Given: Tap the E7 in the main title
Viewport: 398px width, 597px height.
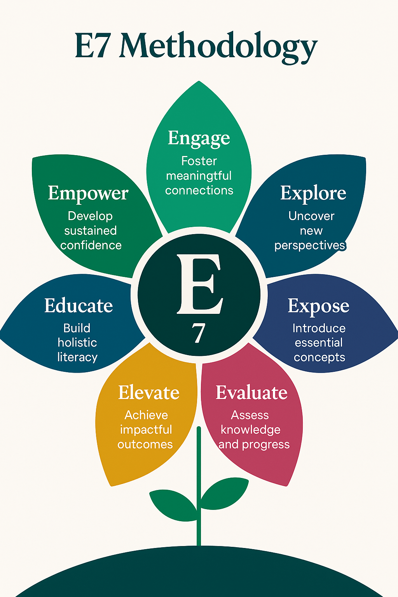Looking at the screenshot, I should pyautogui.click(x=92, y=46).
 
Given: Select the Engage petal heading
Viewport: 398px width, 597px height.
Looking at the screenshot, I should pyautogui.click(x=199, y=138).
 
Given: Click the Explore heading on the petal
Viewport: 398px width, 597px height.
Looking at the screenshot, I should pyautogui.click(x=313, y=193).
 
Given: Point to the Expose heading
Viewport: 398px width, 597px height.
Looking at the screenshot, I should pyautogui.click(x=318, y=306).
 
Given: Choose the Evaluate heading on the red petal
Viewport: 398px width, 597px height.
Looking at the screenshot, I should pyautogui.click(x=251, y=393).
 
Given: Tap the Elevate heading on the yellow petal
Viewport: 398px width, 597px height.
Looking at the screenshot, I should pyautogui.click(x=148, y=393).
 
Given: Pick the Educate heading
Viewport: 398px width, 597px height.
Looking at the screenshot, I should pyautogui.click(x=79, y=306).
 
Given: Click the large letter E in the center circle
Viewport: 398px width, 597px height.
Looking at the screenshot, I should pyautogui.click(x=199, y=284).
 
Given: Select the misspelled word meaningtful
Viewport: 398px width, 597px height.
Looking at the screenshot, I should pyautogui.click(x=199, y=176).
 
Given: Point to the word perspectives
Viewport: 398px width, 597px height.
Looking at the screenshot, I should pyautogui.click(x=310, y=246).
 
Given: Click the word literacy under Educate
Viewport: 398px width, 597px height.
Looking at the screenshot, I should pyautogui.click(x=77, y=357).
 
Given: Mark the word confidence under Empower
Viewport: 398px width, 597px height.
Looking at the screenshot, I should pyautogui.click(x=91, y=245).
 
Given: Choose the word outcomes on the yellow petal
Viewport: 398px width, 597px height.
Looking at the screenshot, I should pyautogui.click(x=145, y=444).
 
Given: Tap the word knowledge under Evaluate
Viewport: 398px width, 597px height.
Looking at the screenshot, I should pyautogui.click(x=250, y=430).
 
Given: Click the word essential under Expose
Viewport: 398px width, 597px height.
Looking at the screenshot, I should pyautogui.click(x=319, y=343).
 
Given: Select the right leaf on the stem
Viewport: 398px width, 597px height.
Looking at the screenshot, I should pyautogui.click(x=225, y=493).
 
